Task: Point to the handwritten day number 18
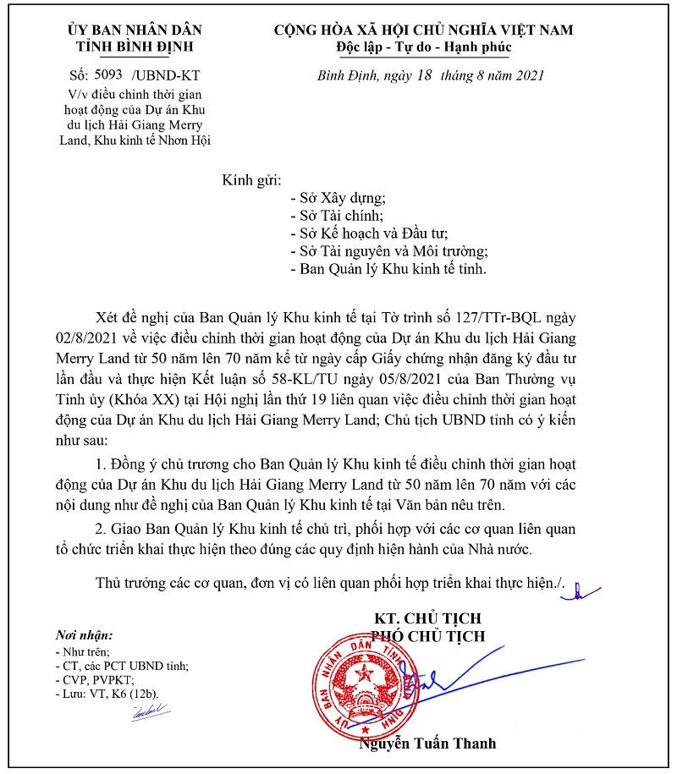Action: (x=422, y=74)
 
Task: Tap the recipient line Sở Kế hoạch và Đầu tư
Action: (x=368, y=233)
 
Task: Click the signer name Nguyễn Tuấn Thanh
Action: (x=428, y=744)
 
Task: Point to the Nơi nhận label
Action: (x=82, y=634)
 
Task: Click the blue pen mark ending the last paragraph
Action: (x=584, y=591)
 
